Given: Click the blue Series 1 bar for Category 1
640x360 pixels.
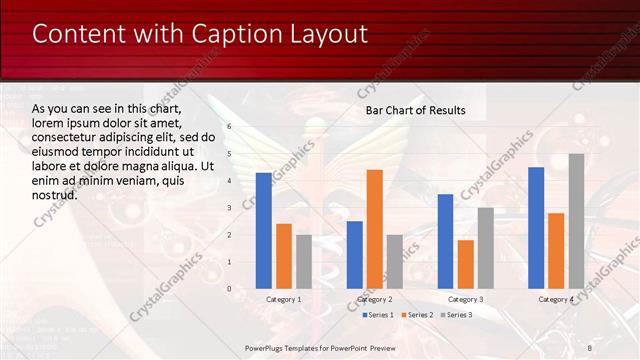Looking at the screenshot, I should point(264,230).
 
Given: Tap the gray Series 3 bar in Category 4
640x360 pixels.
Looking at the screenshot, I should point(577,221).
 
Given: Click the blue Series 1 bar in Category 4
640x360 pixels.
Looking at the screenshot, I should point(536,227).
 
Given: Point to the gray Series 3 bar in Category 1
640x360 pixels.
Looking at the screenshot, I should point(304,261).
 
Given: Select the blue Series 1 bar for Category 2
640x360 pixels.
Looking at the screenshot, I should point(355,254).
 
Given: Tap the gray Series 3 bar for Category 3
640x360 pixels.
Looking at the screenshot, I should point(486,248).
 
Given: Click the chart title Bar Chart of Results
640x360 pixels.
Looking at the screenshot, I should point(415,109).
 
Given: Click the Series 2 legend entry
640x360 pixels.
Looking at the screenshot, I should point(418,315).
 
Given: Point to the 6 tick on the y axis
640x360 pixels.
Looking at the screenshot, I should point(229,127).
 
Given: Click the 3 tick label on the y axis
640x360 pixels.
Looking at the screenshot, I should point(229,208).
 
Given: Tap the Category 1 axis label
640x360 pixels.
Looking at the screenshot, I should point(284,300).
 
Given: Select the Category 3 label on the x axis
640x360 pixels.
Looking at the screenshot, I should point(466,300).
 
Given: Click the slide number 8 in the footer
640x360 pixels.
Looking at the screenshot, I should point(590,347).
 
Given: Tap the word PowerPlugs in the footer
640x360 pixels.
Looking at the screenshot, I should point(267,347).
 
